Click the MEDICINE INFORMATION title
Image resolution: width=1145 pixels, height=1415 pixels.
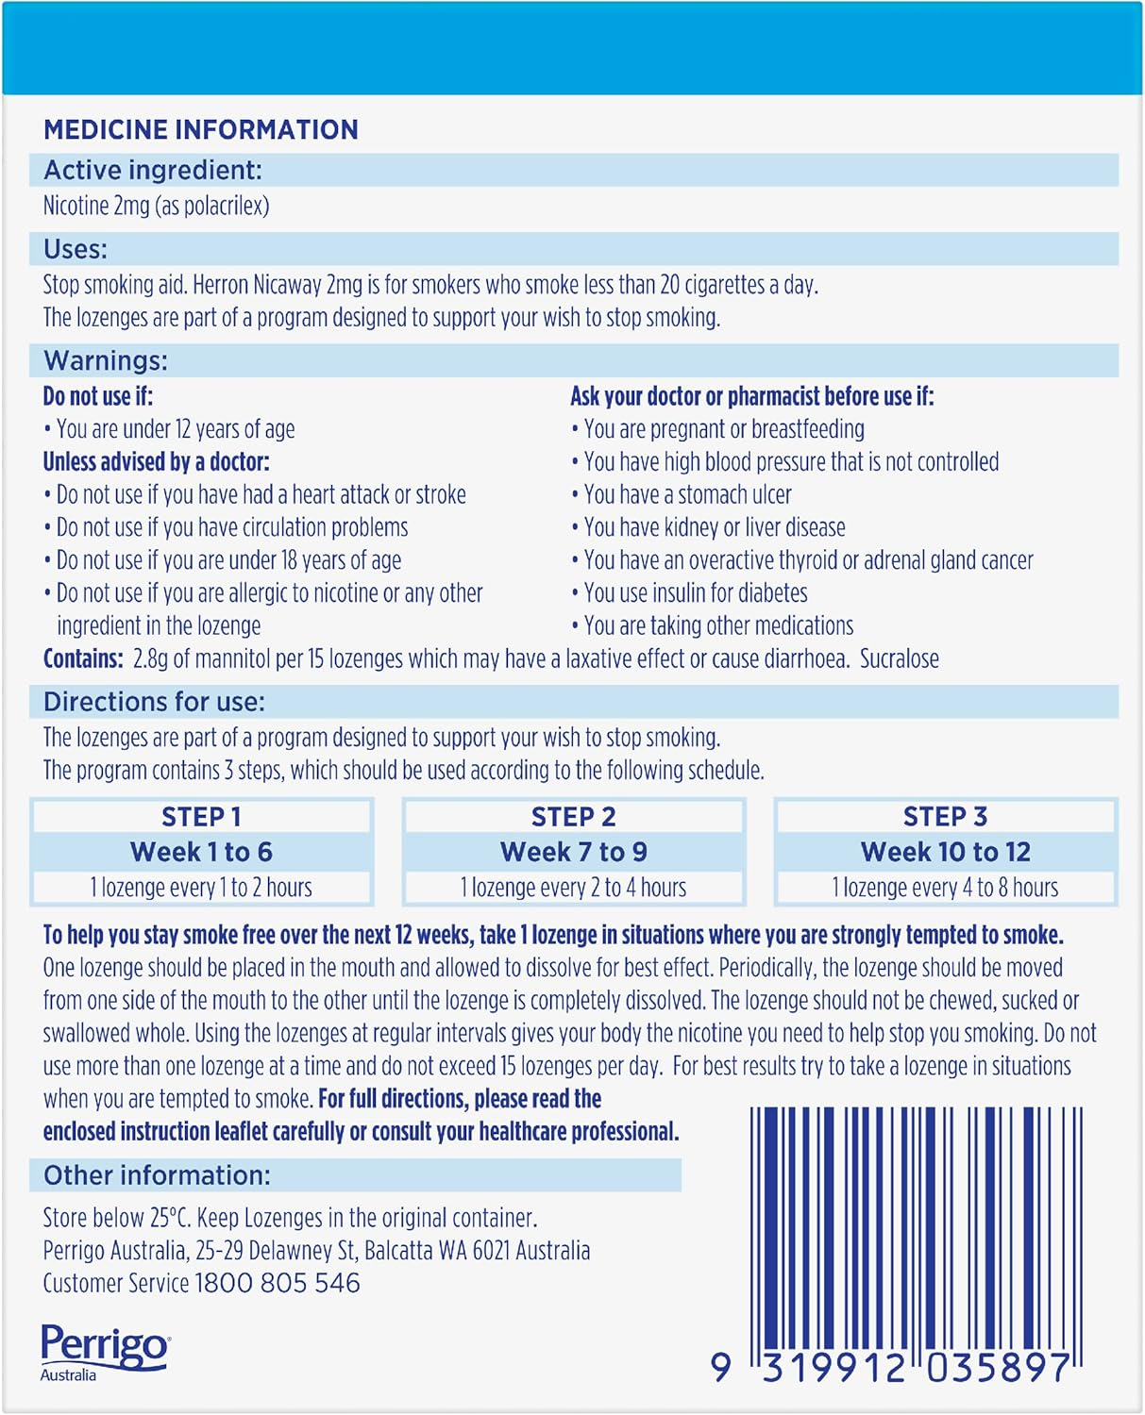click(201, 129)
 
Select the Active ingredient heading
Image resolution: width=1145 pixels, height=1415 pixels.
click(153, 170)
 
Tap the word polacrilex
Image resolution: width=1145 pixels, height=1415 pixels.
click(226, 206)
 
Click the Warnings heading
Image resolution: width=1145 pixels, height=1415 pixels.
click(106, 360)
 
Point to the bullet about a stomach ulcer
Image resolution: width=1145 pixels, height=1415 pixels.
click(686, 494)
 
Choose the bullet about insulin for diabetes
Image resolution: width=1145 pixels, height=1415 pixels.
click(695, 592)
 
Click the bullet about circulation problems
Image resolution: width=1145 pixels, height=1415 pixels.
click(231, 527)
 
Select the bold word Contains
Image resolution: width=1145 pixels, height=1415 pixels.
click(83, 658)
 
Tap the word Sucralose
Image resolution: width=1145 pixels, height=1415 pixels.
click(899, 658)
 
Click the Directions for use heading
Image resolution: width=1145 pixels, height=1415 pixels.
click(154, 702)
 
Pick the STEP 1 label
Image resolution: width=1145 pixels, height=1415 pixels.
click(201, 816)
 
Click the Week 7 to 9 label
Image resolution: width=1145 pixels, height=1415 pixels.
click(573, 852)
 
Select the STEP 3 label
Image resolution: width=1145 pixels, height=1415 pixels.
click(945, 816)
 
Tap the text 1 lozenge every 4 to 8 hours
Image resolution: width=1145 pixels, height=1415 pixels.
click(945, 888)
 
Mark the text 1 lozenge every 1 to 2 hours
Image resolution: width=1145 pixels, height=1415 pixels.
click(201, 888)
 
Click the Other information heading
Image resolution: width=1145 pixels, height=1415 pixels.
click(157, 1175)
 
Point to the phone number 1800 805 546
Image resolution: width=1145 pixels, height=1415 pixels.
click(277, 1283)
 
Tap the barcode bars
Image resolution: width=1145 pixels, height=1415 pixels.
click(916, 1226)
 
